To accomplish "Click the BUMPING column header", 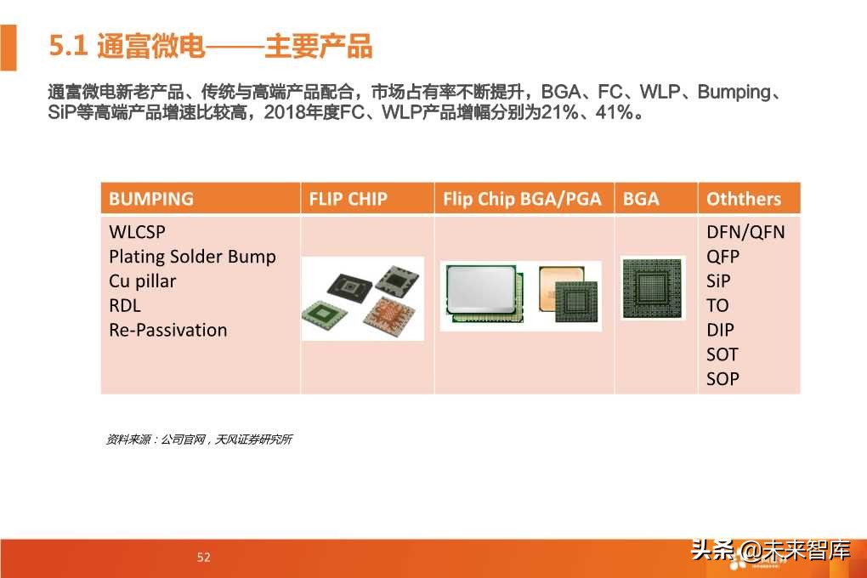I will tap(151, 199).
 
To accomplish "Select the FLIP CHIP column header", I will tap(348, 199).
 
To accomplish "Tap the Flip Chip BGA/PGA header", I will tap(522, 199).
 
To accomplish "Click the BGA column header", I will tap(641, 199).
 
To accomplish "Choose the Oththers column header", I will tap(743, 199).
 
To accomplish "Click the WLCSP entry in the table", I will tap(138, 232).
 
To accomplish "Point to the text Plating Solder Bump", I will tap(192, 257).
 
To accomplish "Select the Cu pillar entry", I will tap(142, 281).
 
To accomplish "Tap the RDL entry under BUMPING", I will tap(125, 306).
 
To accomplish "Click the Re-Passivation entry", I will tap(167, 331).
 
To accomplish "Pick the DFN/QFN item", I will tap(745, 232).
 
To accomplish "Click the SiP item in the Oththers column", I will tap(718, 281).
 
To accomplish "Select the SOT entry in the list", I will tap(722, 354).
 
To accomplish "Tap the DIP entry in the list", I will tap(720, 331).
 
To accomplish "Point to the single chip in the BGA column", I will tap(653, 287).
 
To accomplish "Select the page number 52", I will tap(203, 558).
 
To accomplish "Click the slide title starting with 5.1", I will tap(211, 47).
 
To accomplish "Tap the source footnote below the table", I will tap(199, 439).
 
